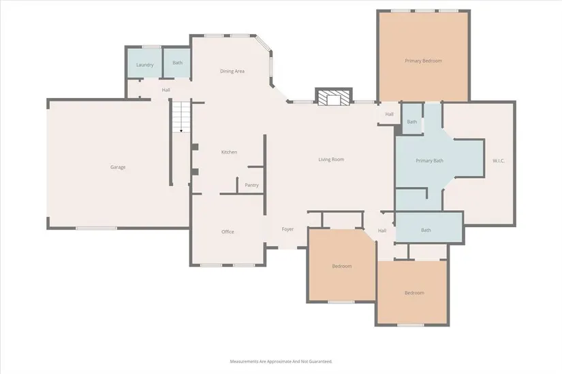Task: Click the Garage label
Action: tap(118, 167)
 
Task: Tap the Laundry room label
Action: tap(145, 65)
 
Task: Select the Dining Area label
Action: tap(232, 71)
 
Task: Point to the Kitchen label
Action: tap(229, 152)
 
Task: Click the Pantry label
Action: tap(251, 185)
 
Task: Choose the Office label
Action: tap(228, 232)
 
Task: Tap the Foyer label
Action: tap(287, 229)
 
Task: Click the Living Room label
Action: tap(331, 160)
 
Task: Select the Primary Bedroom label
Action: tap(423, 61)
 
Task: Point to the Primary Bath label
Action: tap(429, 160)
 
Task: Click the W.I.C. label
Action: tap(499, 160)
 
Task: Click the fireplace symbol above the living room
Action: tap(334, 97)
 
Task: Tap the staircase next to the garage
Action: tap(181, 116)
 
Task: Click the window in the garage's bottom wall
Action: tap(96, 228)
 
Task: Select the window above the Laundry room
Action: tap(152, 47)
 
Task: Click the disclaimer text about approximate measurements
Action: tap(281, 362)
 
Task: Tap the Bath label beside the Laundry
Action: tap(177, 63)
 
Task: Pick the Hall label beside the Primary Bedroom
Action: tap(389, 114)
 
